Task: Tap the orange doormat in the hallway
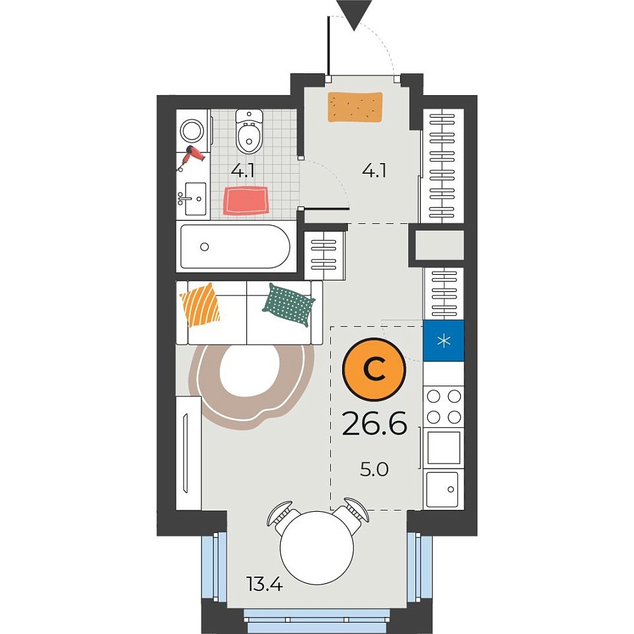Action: pyautogui.click(x=355, y=107)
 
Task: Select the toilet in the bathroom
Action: pyautogui.click(x=249, y=131)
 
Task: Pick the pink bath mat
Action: pyautogui.click(x=246, y=201)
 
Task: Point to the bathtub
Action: pyautogui.click(x=235, y=246)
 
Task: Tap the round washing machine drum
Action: pyautogui.click(x=191, y=131)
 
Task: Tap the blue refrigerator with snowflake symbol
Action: pyautogui.click(x=444, y=341)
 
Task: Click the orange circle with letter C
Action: pyautogui.click(x=373, y=369)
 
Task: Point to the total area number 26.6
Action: pyautogui.click(x=374, y=423)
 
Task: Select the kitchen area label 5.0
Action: pyautogui.click(x=374, y=470)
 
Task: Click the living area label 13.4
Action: pyautogui.click(x=264, y=584)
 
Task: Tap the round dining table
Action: pyautogui.click(x=316, y=548)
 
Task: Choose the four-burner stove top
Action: pyautogui.click(x=444, y=407)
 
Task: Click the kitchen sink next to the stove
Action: pyautogui.click(x=444, y=489)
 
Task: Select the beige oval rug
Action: pyautogui.click(x=252, y=387)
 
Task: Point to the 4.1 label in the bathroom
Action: pyautogui.click(x=242, y=171)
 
